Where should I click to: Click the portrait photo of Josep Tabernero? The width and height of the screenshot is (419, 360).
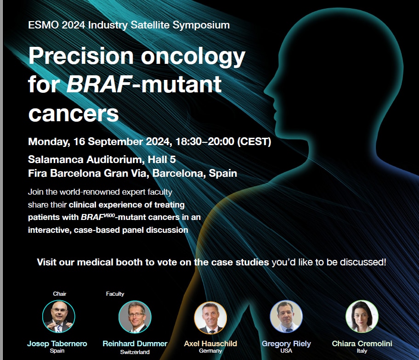coord(59,316)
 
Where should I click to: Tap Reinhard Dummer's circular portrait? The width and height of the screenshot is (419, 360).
coord(135,317)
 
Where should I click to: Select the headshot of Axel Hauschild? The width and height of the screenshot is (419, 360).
coord(210,318)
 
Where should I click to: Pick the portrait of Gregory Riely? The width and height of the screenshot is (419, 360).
coord(286,316)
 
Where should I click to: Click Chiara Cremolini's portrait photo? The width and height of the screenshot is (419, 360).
coord(362,316)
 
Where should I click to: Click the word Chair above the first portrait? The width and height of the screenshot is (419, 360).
coord(60,294)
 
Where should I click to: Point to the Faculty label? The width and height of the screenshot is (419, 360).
coord(115,294)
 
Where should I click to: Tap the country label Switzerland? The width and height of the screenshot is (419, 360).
coord(135,352)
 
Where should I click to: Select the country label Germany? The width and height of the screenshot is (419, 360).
coord(210,351)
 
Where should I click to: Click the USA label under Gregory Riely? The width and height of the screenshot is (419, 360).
coord(286,351)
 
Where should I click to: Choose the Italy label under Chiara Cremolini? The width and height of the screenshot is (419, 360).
coord(362,351)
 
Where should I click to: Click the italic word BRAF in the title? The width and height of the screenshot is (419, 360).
coord(99,84)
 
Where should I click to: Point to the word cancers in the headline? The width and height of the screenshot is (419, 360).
coord(74,114)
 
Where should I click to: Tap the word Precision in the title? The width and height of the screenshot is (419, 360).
coord(81,56)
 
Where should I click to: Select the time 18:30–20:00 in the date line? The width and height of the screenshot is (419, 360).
coord(205,141)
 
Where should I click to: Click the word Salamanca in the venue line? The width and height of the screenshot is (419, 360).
coord(56,159)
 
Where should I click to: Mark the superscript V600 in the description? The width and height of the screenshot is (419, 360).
coord(109,215)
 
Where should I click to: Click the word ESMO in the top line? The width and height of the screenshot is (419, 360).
coord(43,25)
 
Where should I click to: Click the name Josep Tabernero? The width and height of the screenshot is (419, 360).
coord(57,343)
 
